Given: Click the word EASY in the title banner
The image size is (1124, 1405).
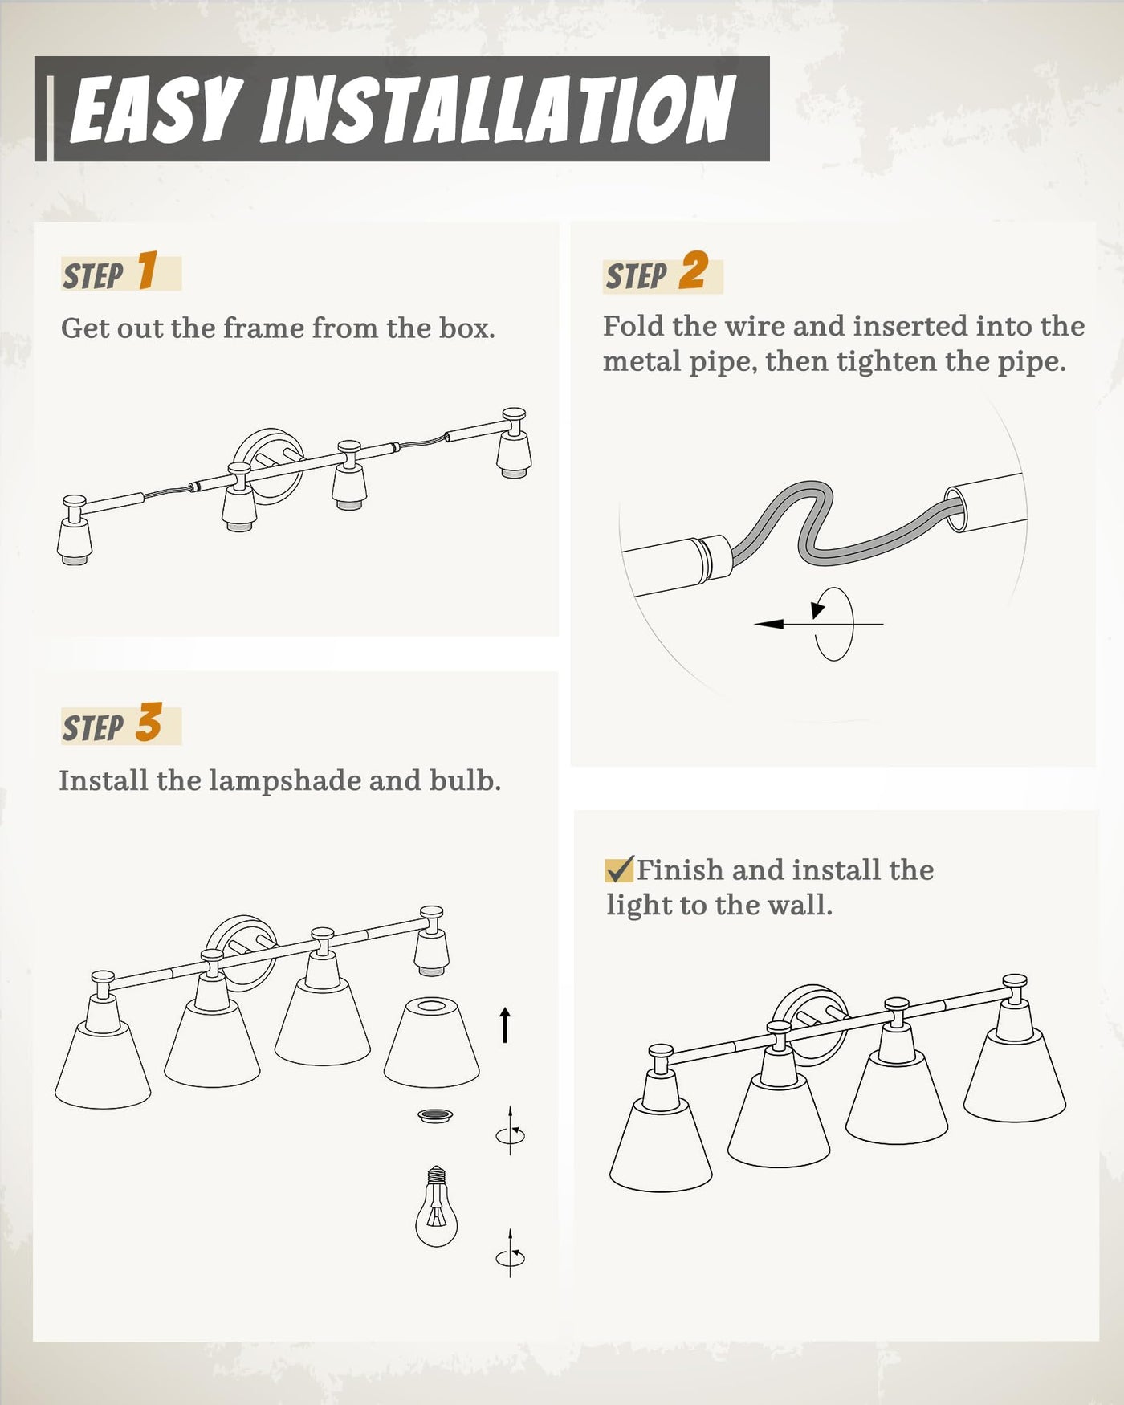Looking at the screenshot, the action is click(156, 110).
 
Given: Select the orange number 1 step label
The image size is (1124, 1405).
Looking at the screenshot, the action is click(147, 270).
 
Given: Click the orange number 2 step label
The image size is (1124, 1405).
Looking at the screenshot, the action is click(694, 270).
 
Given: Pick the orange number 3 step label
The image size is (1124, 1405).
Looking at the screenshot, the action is click(149, 722).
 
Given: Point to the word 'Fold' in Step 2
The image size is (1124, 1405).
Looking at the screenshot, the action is click(633, 326).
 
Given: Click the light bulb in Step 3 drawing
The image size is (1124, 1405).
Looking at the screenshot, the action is click(436, 1206).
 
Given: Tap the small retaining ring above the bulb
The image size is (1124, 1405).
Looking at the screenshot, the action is click(435, 1115).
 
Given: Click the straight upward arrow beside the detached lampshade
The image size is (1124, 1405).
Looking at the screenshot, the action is click(505, 1024).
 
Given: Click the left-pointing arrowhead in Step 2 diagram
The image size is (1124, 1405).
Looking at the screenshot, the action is click(769, 624).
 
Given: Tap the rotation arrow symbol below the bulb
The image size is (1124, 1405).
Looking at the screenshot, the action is click(511, 1253).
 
